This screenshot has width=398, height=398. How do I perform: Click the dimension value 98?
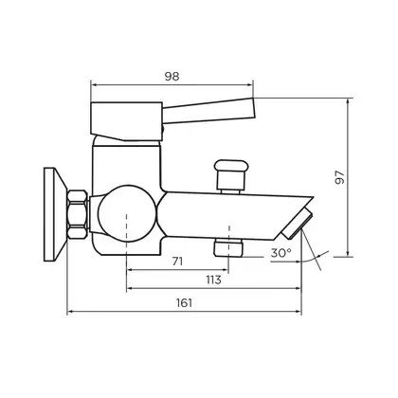pyautogui.click(x=172, y=77)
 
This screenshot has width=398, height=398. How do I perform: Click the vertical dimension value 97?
pyautogui.click(x=340, y=177)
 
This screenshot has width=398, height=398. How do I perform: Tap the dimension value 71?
pyautogui.click(x=177, y=262)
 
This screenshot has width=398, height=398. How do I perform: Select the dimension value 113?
pyautogui.click(x=213, y=280)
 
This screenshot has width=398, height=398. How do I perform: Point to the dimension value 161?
pyautogui.click(x=184, y=302)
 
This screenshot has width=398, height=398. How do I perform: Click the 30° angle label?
pyautogui.click(x=281, y=253)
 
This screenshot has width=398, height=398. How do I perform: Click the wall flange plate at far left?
pyautogui.click(x=55, y=214)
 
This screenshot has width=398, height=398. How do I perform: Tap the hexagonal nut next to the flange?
pyautogui.click(x=78, y=214)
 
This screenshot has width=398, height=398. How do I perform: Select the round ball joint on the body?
pyautogui.click(x=127, y=213)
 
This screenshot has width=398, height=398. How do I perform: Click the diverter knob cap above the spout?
pyautogui.click(x=230, y=166)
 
